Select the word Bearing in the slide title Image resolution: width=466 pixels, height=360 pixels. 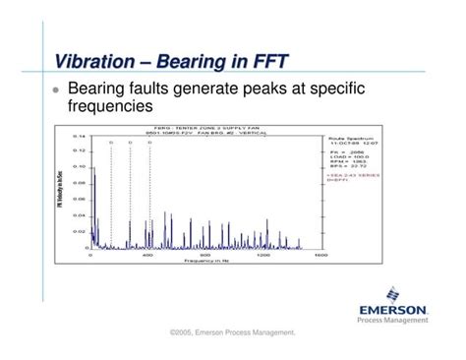tap(197, 62)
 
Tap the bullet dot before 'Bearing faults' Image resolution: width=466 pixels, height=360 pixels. tap(56, 89)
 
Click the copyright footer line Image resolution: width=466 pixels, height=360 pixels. tap(232, 335)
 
